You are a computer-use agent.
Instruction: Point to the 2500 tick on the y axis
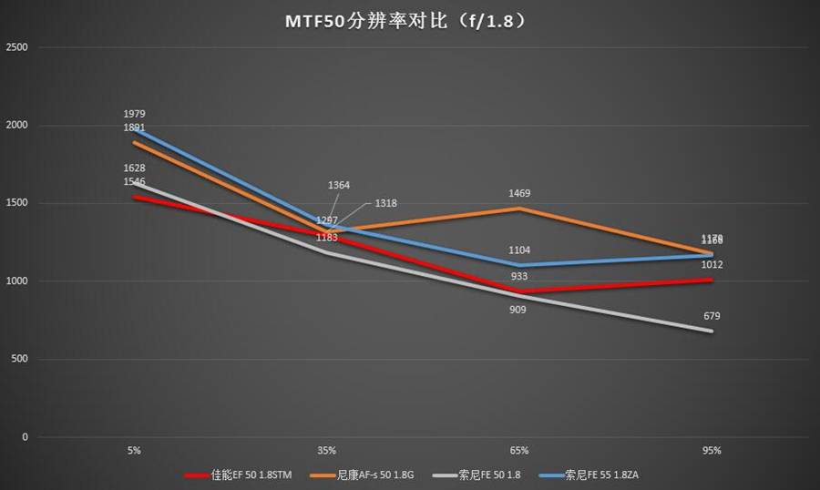[17, 47]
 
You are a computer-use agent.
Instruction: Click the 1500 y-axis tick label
[17, 203]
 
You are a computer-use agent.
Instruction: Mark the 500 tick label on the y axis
[20, 359]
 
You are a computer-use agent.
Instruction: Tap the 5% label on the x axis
[135, 450]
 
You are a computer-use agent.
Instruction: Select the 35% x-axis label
[327, 450]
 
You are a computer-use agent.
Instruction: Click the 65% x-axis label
[519, 450]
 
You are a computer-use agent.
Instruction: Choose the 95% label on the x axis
[712, 450]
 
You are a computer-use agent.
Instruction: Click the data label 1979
[135, 114]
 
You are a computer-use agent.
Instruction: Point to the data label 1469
[519, 193]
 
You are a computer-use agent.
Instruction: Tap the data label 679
[712, 316]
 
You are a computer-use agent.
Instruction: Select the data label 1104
[519, 250]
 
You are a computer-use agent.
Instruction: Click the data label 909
[519, 310]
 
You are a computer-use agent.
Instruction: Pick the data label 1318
[385, 203]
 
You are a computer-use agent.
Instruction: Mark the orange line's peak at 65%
[519, 209]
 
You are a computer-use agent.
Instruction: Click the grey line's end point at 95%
[712, 331]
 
